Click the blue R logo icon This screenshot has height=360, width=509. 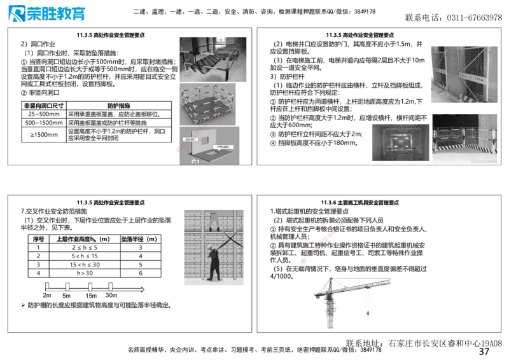[15, 14]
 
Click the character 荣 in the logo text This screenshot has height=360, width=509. [34, 14]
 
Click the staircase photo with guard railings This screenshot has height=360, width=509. [213, 60]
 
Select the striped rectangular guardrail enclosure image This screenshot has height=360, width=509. [210, 103]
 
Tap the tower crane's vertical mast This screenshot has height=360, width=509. [330, 308]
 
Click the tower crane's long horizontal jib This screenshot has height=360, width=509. [356, 284]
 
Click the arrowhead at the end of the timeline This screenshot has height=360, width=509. [143, 289]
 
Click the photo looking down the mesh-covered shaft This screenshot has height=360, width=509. [400, 142]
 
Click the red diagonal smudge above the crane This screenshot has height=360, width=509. [322, 241]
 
